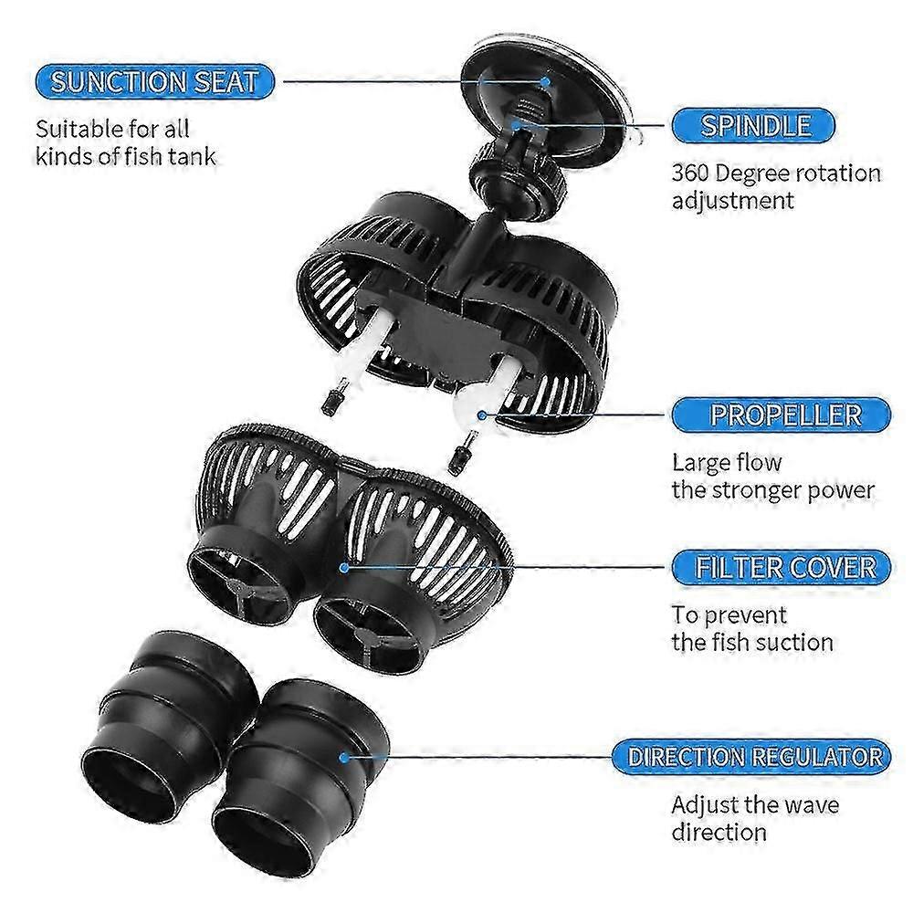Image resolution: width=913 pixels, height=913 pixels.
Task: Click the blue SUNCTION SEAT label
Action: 154,81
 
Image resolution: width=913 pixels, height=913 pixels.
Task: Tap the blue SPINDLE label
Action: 753,125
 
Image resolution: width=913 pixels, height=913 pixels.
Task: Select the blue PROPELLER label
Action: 782,415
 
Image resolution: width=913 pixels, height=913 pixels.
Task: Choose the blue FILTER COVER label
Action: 782,567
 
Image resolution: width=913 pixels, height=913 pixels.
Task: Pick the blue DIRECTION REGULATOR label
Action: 751,756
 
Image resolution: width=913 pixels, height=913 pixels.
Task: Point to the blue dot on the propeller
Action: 481,415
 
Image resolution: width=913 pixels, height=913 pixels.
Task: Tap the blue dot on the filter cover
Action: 344,567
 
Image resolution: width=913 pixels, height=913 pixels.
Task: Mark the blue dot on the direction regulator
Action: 344,757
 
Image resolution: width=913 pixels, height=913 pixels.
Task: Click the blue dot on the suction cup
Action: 546,81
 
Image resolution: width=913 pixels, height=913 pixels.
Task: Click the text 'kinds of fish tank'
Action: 125,157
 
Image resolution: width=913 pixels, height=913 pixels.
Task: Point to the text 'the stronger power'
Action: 772,490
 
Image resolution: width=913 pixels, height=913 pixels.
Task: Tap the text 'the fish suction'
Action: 751,642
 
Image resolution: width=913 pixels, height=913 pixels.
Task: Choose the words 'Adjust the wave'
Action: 755,804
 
